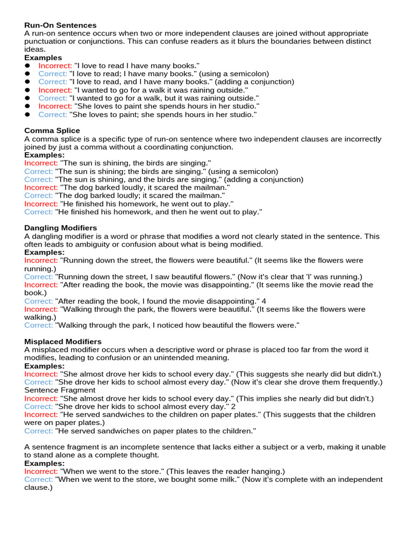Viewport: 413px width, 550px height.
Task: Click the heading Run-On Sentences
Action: [60, 25]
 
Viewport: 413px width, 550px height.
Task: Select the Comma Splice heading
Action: [52, 131]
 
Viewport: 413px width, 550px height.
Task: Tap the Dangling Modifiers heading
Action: [60, 228]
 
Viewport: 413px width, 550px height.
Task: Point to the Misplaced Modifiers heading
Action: [63, 341]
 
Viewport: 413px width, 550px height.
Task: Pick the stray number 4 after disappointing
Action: [264, 301]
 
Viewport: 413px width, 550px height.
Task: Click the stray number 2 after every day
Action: [233, 407]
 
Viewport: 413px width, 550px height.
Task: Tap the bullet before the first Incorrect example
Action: [27, 66]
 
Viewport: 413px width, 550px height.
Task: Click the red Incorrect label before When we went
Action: [41, 471]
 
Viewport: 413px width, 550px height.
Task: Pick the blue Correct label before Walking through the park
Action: [39, 325]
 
